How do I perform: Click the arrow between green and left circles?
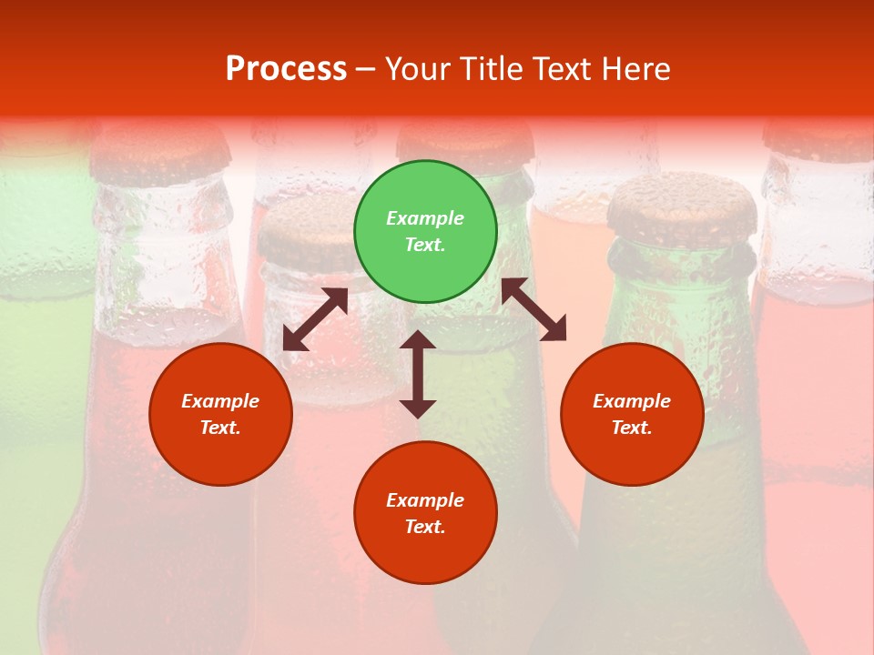315,319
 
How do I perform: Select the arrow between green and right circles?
534,309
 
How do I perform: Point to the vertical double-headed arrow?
418,374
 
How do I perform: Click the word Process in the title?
286,68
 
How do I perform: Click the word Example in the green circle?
425,218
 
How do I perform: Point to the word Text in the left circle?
220,428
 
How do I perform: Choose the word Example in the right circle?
632,401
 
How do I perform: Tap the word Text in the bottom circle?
425,527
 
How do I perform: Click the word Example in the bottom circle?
425,500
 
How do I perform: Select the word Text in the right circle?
632,428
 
